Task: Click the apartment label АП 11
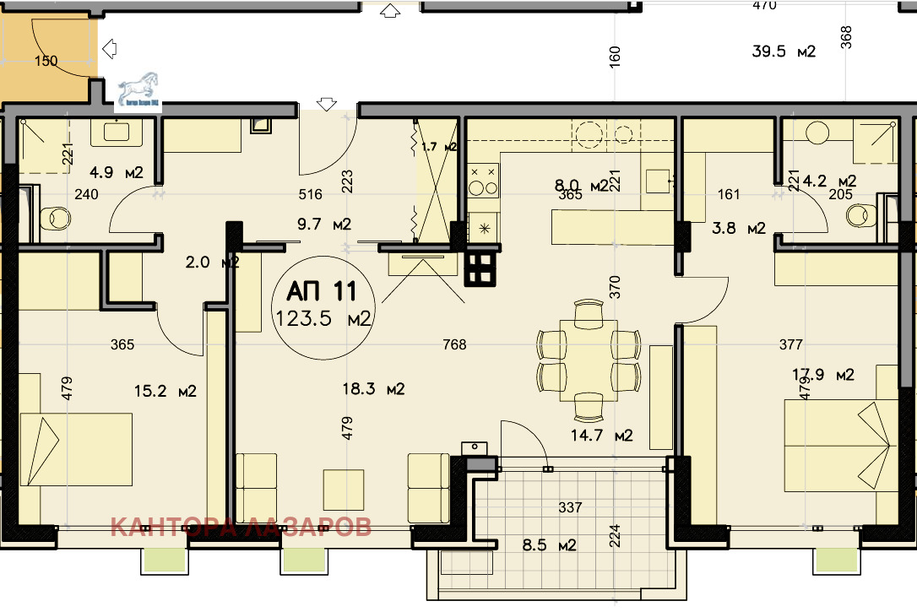click(321, 291)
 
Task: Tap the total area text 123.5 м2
click(325, 319)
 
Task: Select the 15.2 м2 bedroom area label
click(165, 391)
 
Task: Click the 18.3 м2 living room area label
click(374, 389)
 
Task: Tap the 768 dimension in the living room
click(455, 344)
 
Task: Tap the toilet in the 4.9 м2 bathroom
click(55, 218)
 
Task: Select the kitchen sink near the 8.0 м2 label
click(659, 181)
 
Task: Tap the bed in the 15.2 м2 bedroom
click(76, 449)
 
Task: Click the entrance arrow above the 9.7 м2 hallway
click(327, 104)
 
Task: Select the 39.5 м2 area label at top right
click(784, 51)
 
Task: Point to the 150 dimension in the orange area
click(46, 61)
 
